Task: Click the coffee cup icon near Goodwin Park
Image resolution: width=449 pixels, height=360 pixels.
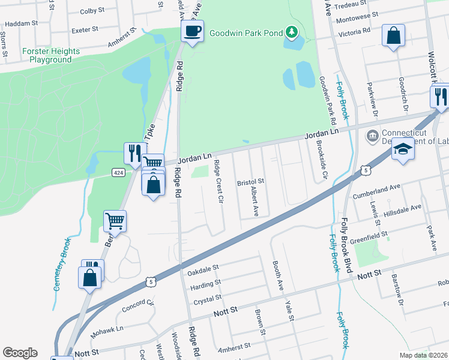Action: pyautogui.click(x=192, y=32)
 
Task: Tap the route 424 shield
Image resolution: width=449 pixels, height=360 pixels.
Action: pyautogui.click(x=118, y=173)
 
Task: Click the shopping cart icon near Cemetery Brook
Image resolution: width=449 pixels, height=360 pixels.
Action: pyautogui.click(x=115, y=221)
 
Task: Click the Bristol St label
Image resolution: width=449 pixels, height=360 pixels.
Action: pyautogui.click(x=250, y=181)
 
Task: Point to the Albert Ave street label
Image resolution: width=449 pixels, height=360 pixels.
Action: pyautogui.click(x=255, y=201)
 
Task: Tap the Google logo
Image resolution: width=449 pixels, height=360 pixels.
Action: pyautogui.click(x=20, y=353)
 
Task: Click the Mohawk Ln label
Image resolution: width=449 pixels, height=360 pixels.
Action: pyautogui.click(x=106, y=330)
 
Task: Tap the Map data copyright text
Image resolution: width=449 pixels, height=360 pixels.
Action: pyautogui.click(x=423, y=355)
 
